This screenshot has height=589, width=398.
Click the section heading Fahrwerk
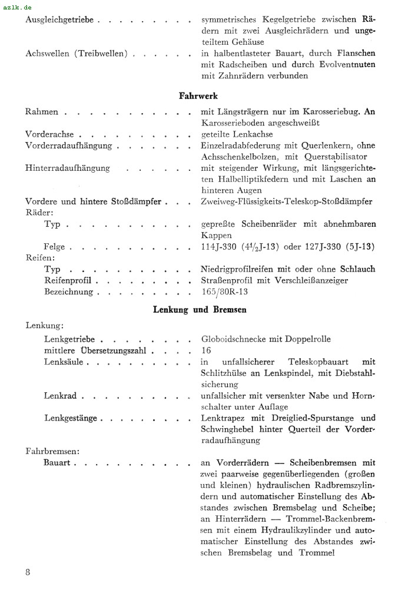click(x=198, y=95)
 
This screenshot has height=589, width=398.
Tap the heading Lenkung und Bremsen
click(x=200, y=309)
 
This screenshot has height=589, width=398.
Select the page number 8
click(x=28, y=572)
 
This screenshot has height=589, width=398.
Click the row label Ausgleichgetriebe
click(x=59, y=20)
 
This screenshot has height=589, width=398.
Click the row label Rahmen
click(x=42, y=112)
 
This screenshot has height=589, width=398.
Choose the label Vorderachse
click(x=49, y=134)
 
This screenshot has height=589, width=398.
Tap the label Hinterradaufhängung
click(x=68, y=168)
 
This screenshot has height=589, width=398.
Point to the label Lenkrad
click(x=60, y=396)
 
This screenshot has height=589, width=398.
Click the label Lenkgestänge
click(x=71, y=418)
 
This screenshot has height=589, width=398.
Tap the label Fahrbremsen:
click(x=52, y=452)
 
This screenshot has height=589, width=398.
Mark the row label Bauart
click(x=57, y=463)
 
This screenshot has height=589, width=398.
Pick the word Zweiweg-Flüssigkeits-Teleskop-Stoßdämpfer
click(x=286, y=201)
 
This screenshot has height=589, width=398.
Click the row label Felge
click(x=54, y=247)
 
